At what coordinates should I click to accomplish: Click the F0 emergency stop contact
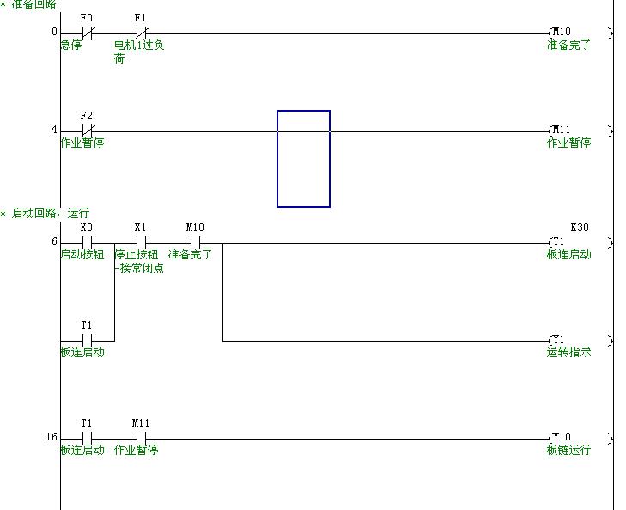click(87, 33)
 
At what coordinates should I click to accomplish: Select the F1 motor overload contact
click(142, 33)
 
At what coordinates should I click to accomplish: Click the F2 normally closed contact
click(87, 131)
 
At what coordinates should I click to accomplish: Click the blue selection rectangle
click(303, 159)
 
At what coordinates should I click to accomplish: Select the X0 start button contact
click(87, 242)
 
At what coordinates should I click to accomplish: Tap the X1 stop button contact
click(142, 242)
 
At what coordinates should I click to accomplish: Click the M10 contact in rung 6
click(195, 242)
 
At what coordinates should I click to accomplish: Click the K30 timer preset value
click(580, 228)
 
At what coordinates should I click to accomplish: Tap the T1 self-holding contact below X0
click(87, 340)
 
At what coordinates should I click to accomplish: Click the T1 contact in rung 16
click(87, 438)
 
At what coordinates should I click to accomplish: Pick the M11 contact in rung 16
click(142, 438)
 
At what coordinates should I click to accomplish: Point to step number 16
click(52, 438)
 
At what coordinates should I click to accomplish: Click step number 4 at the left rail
click(53, 131)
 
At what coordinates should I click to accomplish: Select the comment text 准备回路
click(34, 4)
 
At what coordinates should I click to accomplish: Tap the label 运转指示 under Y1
click(568, 353)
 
